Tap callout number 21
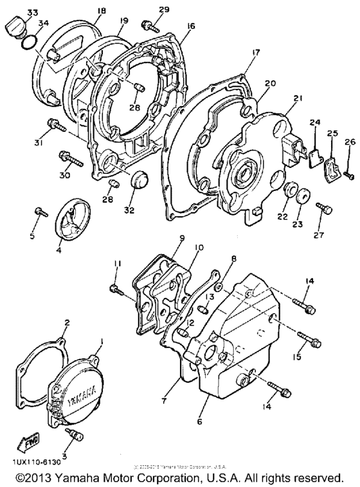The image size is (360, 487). pos(297,98)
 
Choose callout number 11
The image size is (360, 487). pos(116,264)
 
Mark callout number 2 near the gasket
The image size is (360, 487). pos(66,322)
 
